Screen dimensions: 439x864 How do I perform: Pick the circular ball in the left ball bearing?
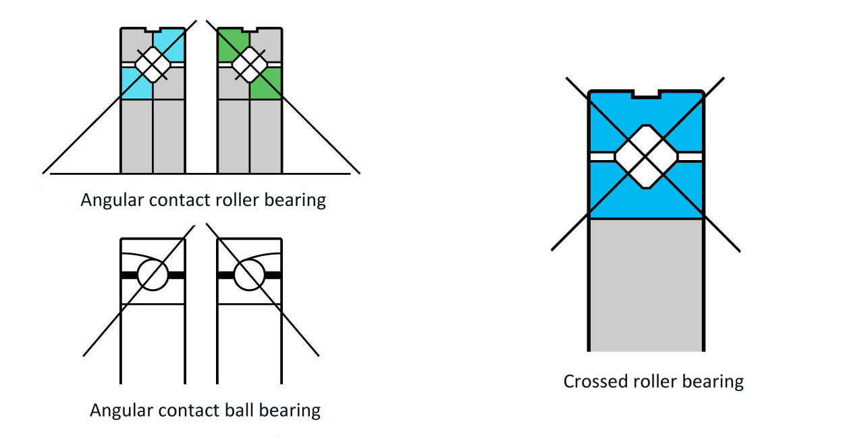153,276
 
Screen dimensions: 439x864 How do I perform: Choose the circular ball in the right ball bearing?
249,276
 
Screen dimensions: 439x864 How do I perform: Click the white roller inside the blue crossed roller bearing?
646,157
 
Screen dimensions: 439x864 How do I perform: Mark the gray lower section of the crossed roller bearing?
646,284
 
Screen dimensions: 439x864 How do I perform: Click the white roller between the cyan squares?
153,65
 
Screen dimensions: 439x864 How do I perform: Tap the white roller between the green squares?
249,65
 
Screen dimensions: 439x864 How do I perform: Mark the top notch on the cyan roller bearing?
153,30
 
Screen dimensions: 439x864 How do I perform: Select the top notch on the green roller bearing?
249,30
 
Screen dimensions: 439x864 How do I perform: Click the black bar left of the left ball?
129,276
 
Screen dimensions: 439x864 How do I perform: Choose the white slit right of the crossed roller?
691,157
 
